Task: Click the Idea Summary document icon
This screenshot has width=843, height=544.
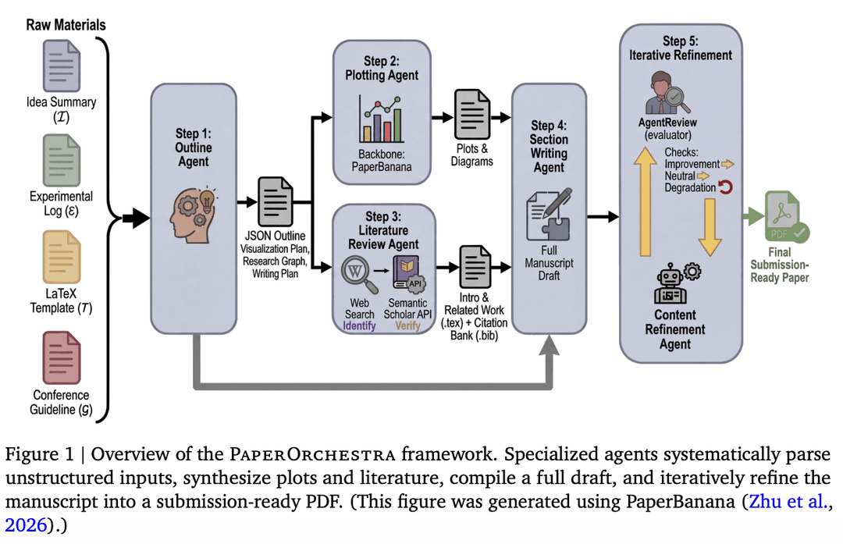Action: (62, 66)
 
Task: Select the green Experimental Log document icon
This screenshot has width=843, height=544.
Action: (62, 160)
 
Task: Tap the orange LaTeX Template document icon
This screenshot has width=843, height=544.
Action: (62, 257)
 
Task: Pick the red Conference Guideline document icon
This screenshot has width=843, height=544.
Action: (62, 357)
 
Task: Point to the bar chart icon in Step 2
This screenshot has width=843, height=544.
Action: (381, 119)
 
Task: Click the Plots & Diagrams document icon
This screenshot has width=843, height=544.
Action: (472, 115)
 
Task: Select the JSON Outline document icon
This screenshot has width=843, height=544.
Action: (276, 201)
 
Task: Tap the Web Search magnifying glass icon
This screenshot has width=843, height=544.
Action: (357, 273)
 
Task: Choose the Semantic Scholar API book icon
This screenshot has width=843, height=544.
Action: (409, 274)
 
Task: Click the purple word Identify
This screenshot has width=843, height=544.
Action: (359, 325)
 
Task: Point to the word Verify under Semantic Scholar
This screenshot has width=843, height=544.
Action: (407, 325)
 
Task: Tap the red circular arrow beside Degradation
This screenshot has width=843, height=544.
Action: (726, 187)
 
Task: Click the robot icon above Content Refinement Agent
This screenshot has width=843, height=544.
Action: (676, 284)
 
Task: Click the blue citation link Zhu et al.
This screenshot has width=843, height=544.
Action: (788, 501)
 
